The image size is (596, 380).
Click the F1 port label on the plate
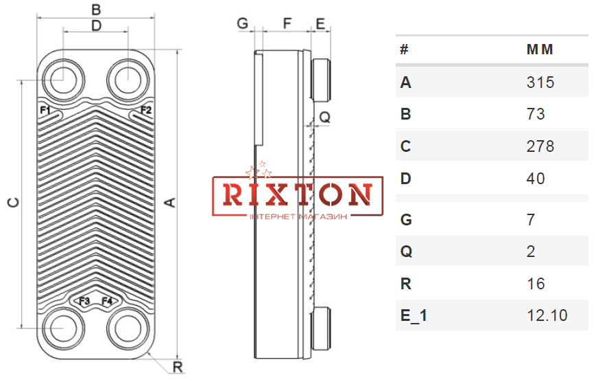pos(45,111)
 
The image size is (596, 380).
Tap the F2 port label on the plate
pos(146,110)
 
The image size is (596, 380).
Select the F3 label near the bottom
pos(84,301)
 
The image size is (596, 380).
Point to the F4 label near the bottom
pos(107,301)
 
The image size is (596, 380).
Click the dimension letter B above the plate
pos(96,10)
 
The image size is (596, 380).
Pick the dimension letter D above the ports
pos(97,25)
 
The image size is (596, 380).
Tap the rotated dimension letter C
pos(14,203)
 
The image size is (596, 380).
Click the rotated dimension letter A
pos(170,202)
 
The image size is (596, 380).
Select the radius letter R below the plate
pos(178,368)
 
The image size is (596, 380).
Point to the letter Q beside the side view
pos(325,118)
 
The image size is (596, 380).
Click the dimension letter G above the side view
pos(243,23)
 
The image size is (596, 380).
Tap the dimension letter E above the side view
pos(320,23)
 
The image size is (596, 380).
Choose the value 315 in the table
pos(540,82)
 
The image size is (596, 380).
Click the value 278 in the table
pos(540,146)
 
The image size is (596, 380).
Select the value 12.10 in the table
pos(547,315)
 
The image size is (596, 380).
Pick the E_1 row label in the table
pos(414,315)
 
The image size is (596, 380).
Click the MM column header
pos(540,49)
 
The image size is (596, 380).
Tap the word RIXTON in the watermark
pos(297,195)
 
